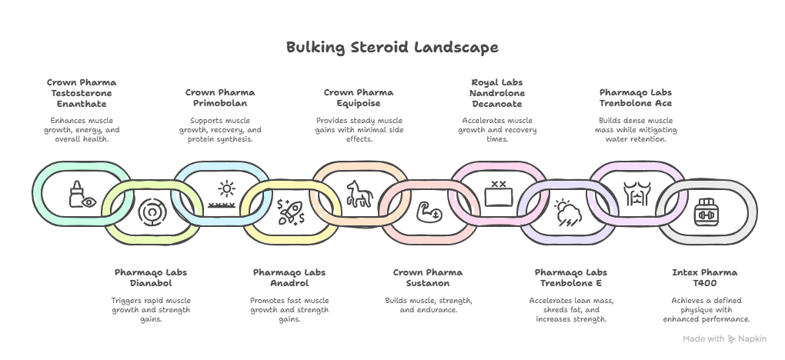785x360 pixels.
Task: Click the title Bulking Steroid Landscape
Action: point(392,48)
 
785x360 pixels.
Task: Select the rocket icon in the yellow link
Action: point(290,211)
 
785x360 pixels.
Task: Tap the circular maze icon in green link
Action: point(151,211)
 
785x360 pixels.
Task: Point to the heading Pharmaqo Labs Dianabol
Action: point(151,277)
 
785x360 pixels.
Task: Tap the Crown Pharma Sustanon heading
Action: point(428,277)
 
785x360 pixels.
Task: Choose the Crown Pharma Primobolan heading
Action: point(220,98)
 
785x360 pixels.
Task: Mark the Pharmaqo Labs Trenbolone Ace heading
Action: point(636,98)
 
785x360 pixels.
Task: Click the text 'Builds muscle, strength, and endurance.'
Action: point(428,304)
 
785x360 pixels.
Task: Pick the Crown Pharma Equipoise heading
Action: point(359,98)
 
